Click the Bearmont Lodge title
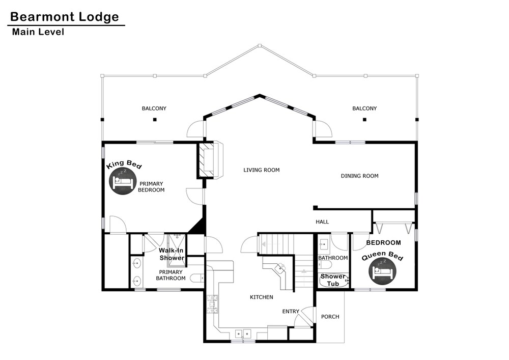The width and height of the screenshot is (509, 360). coord(65,17)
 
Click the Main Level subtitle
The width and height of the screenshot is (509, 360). coord(38,32)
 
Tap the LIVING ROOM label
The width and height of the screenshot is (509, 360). coord(261,170)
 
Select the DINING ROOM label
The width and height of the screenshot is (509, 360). coord(359,176)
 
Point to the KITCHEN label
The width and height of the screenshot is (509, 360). coord(261,297)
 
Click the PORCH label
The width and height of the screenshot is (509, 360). coord(330,317)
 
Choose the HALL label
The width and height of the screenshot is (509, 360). coord(322,221)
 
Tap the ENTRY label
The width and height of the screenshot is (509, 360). coord(291,311)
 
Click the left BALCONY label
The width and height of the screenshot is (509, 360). coord(154,108)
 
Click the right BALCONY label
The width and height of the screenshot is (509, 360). coord(364,108)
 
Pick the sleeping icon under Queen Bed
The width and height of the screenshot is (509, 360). coord(383,271)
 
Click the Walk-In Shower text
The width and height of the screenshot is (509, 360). coord(172,254)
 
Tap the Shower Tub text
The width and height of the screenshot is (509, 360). coord(333,280)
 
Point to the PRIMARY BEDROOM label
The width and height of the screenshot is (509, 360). coord(151,187)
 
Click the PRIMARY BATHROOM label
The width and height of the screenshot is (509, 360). coord(171,275)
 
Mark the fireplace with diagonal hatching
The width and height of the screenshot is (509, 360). coord(207,160)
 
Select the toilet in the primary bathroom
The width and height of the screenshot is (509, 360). coord(197,278)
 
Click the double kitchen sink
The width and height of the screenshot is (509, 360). coord(243,334)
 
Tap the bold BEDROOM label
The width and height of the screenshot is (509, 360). coord(383,242)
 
